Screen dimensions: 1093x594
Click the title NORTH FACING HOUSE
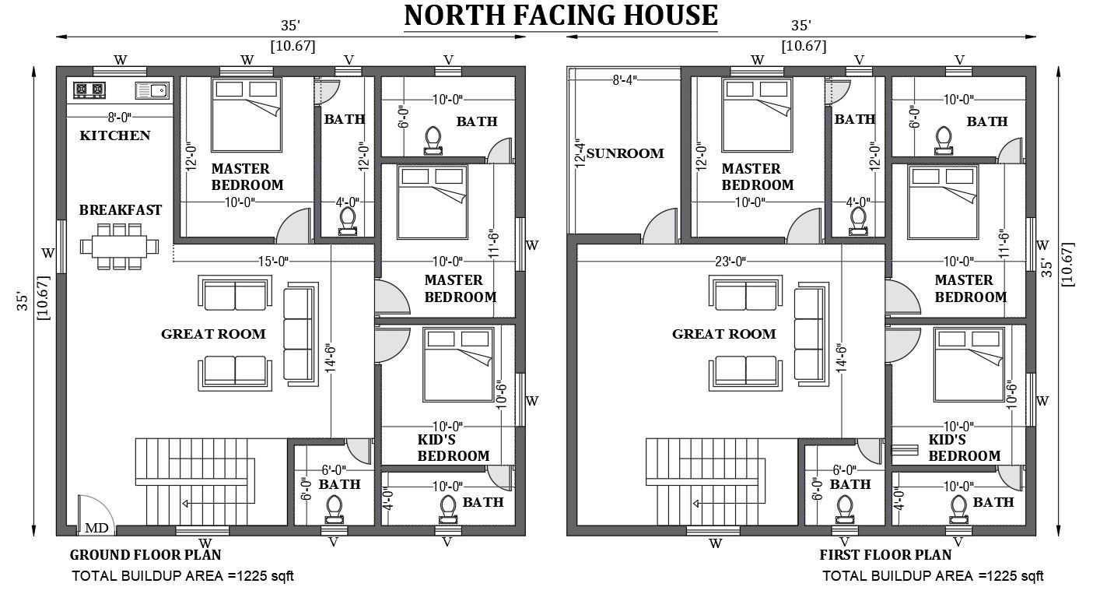coord(561,16)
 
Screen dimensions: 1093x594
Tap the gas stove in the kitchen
coord(89,90)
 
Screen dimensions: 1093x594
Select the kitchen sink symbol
coord(152,91)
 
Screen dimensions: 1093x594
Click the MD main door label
coord(96,528)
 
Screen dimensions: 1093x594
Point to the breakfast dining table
coord(120,246)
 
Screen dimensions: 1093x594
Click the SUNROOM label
coord(625,153)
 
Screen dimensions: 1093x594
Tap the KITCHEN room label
coord(115,135)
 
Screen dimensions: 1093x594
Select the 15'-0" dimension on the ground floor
coord(273,262)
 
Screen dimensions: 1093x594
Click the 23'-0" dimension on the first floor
coord(730,262)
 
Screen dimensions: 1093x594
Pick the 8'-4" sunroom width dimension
coord(625,79)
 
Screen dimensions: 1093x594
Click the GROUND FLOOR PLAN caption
coord(145,555)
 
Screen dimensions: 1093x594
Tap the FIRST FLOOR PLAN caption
coord(885,555)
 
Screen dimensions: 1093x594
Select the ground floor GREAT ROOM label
coord(214,334)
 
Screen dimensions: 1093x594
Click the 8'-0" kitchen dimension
coord(120,118)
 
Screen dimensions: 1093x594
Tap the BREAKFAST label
coord(121,210)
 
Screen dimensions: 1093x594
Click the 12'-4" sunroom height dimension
coord(580,153)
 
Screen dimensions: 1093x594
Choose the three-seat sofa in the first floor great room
coord(811,334)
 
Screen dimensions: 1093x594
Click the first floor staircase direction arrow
coord(729,504)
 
